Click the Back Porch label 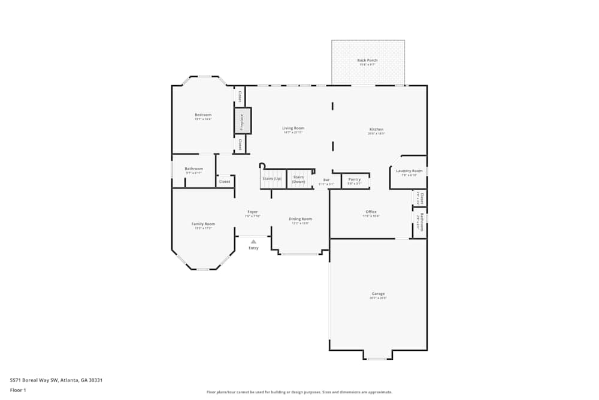tap(367, 61)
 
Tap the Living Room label tap(294, 128)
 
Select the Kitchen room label tap(376, 130)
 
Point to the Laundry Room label tap(409, 171)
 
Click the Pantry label tap(355, 179)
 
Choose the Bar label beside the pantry tap(326, 180)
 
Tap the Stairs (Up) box tap(271, 178)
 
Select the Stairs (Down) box tap(299, 179)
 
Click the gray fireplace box tap(243, 121)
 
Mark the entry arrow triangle tap(253, 242)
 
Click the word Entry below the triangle tap(253, 248)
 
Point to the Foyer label tap(253, 212)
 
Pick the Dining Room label tap(301, 219)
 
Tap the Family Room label tap(203, 224)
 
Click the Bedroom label tap(203, 115)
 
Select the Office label tap(371, 212)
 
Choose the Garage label tap(378, 294)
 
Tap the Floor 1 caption tap(19, 390)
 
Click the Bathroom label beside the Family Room tap(193, 169)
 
